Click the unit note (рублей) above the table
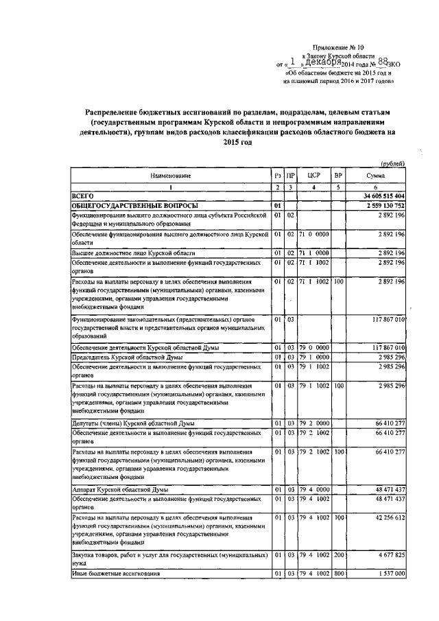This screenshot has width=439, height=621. [392, 163]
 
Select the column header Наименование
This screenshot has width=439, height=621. [171, 176]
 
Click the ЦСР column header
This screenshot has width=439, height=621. [312, 176]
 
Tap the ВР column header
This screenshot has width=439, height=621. [338, 176]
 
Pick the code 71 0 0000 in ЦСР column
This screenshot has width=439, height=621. [313, 234]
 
